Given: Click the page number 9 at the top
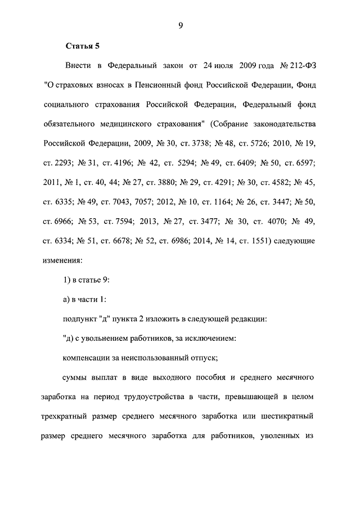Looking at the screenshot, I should (181, 24).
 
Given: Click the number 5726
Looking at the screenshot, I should (258, 143).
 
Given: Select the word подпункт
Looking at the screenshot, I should (79, 319).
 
